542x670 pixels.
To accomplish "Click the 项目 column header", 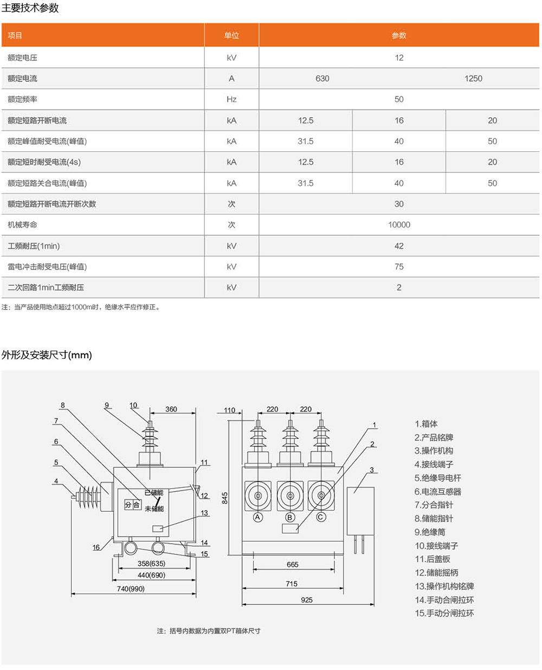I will (x=15, y=36).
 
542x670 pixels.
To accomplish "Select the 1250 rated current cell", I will (x=473, y=79).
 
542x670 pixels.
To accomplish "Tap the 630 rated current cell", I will (x=322, y=79).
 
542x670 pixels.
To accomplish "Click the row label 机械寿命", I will (x=22, y=225).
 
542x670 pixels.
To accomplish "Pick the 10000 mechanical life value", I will (x=399, y=225).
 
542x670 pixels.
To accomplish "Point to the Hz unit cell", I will (x=231, y=100).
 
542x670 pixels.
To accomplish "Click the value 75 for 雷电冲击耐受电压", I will (x=399, y=267).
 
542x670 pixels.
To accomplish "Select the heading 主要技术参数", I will (x=30, y=8).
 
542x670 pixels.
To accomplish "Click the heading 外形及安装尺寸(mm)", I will (x=47, y=355).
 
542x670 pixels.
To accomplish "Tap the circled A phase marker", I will (x=258, y=517).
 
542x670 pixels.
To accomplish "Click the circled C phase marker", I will (x=321, y=517).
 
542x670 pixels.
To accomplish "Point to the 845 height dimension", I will (x=225, y=498).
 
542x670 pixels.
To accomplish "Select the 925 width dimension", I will (x=307, y=600).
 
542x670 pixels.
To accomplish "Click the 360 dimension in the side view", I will (x=171, y=409).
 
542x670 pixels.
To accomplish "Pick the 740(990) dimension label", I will (x=131, y=589).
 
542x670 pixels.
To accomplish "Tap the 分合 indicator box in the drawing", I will (x=133, y=505).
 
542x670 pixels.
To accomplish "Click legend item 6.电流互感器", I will (x=438, y=492).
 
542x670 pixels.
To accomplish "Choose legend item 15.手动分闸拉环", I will (x=444, y=613).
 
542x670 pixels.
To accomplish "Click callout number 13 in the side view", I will (x=204, y=513).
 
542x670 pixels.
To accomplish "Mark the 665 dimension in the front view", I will (x=293, y=564).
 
